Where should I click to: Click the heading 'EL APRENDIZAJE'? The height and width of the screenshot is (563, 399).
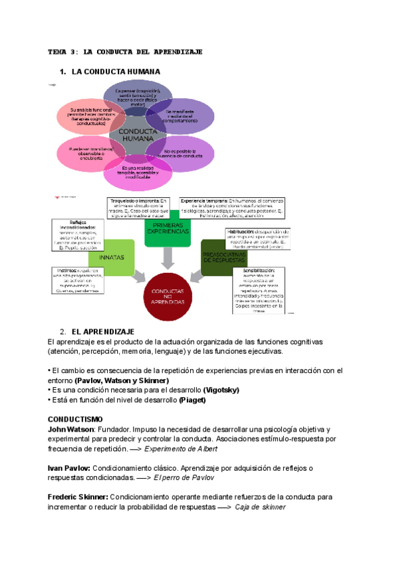103,331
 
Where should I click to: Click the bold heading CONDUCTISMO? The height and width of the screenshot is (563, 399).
74,420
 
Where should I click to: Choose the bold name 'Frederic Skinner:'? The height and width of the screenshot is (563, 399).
78,497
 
